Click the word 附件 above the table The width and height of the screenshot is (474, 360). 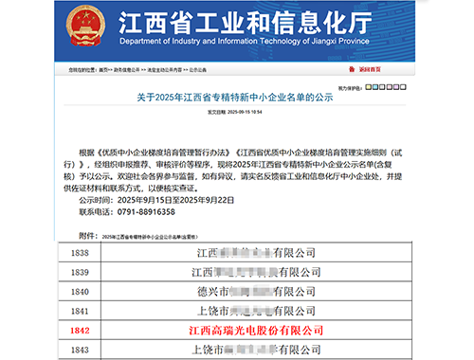pyautogui.click(x=88, y=232)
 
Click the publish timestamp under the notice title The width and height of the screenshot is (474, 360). pyautogui.click(x=236, y=111)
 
